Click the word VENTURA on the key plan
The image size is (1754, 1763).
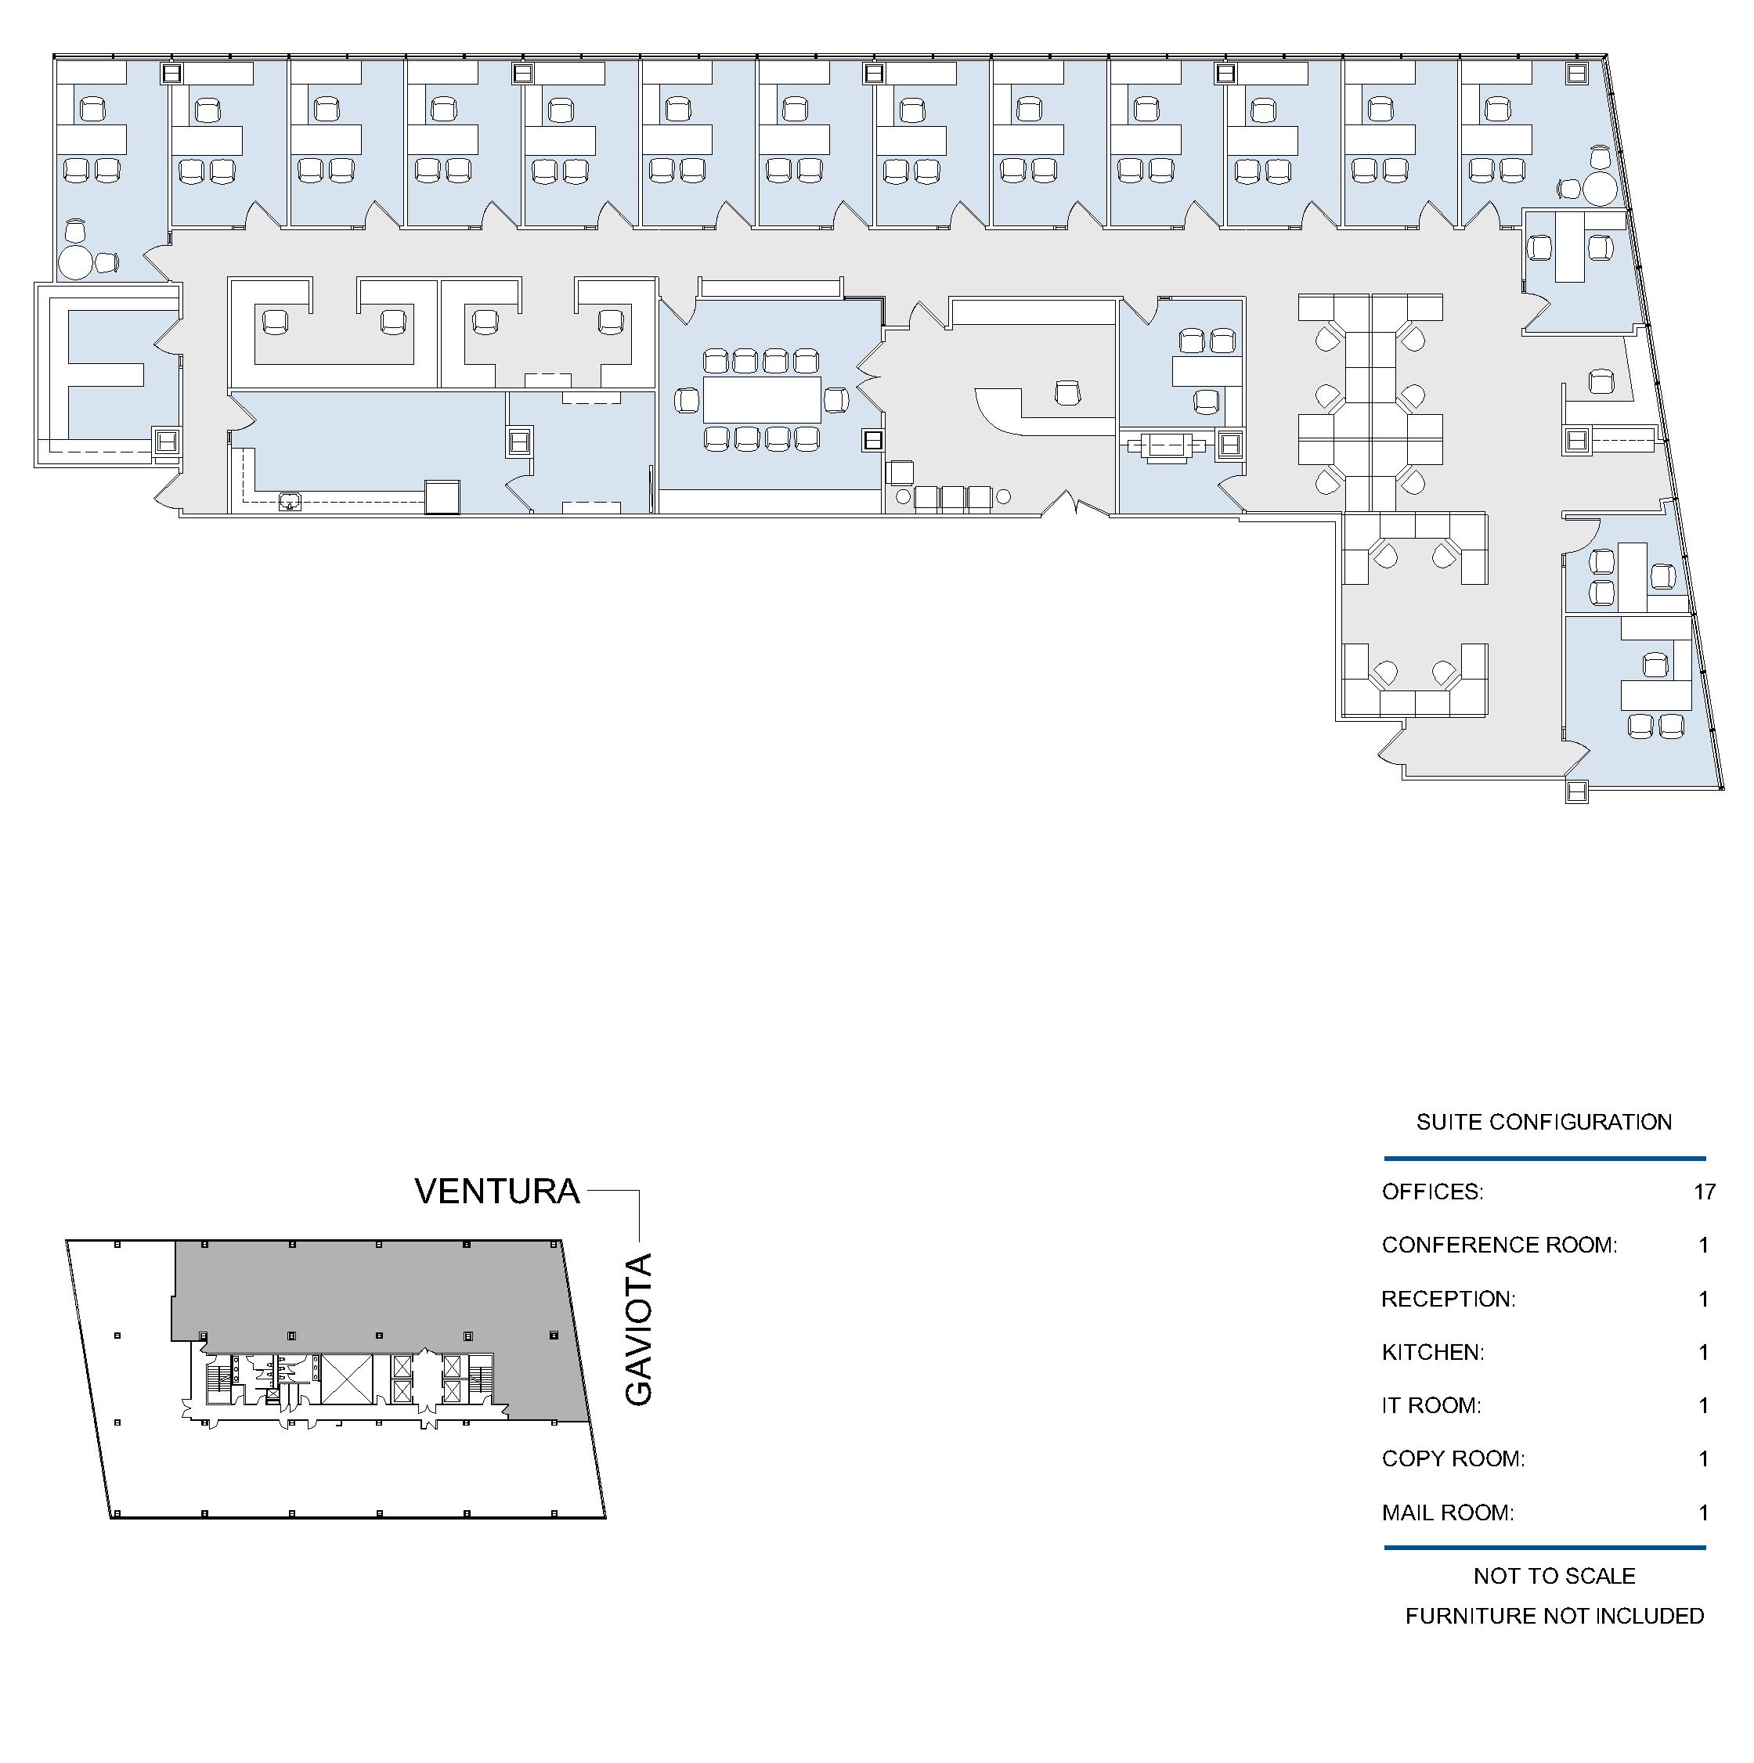[x=497, y=1192]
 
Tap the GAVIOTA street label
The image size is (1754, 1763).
[x=639, y=1329]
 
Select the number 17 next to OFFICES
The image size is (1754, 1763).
[x=1704, y=1192]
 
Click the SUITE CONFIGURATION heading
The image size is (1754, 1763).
[x=1544, y=1123]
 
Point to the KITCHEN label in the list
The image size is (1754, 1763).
[x=1433, y=1352]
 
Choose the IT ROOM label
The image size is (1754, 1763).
[x=1431, y=1405]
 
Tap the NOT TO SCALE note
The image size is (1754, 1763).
[x=1554, y=1576]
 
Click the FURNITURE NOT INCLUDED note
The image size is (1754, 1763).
[x=1554, y=1616]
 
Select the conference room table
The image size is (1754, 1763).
[x=762, y=400]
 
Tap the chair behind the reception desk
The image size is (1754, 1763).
[x=1066, y=393]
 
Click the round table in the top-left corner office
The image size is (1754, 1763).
[x=76, y=263]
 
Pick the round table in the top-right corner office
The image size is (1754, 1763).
[x=1600, y=189]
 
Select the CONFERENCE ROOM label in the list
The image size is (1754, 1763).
[x=1500, y=1246]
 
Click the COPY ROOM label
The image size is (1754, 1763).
[x=1453, y=1459]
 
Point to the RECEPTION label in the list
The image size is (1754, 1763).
[x=1449, y=1300]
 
